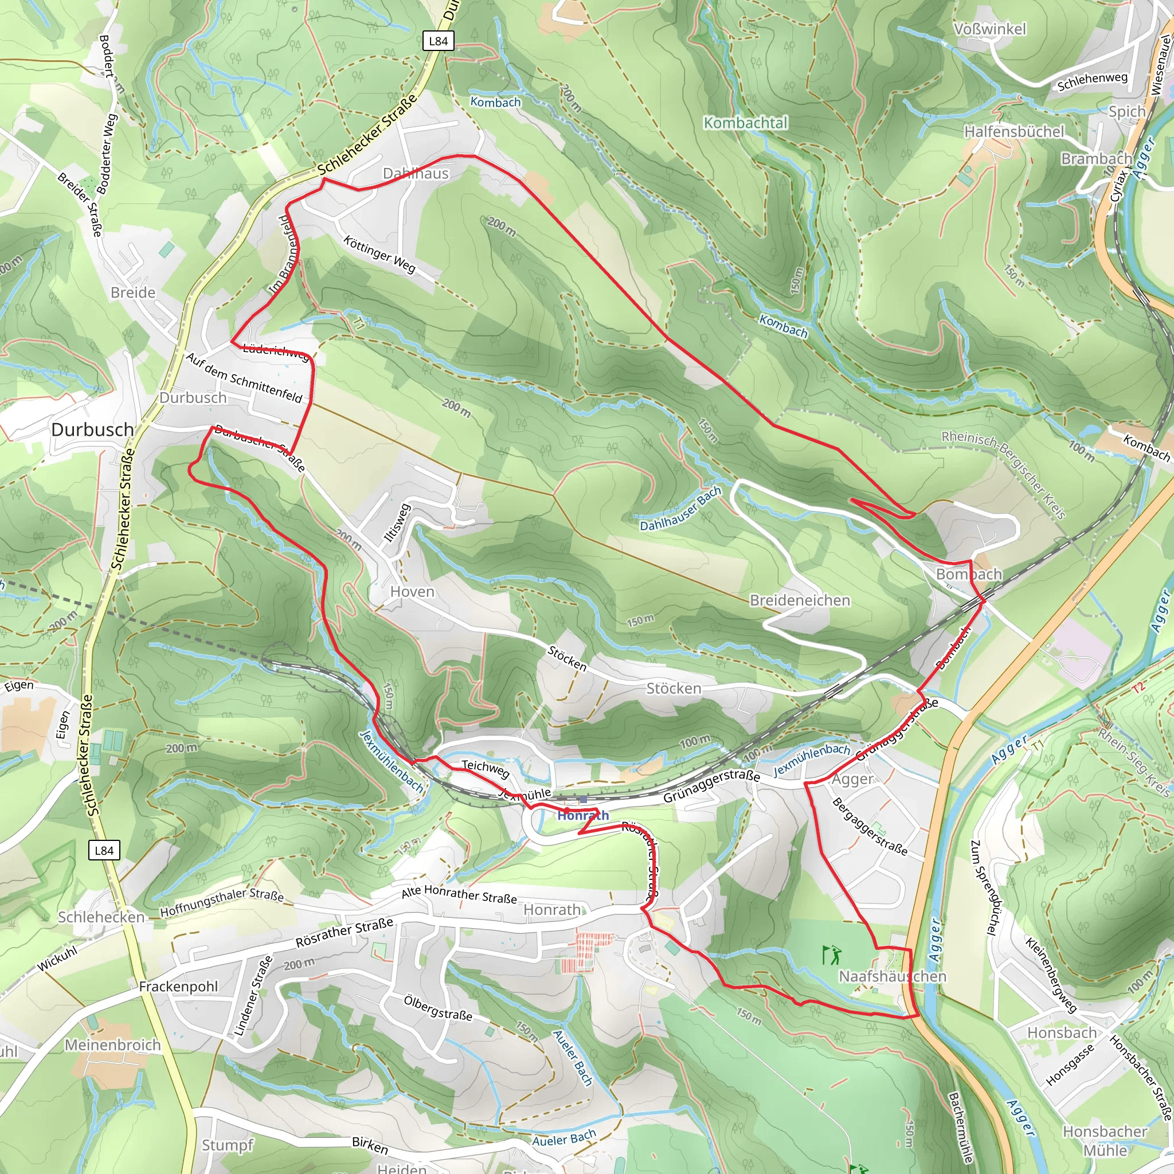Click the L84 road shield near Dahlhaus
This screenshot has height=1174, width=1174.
point(437,41)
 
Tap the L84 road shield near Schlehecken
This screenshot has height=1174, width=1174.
point(104,850)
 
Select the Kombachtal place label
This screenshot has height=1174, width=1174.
point(745,123)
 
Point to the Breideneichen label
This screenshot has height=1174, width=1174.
point(800,600)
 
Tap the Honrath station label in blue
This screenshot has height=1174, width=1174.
point(583,816)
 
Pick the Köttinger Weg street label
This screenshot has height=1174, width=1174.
point(379,254)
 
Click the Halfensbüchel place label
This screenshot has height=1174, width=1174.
point(1014,131)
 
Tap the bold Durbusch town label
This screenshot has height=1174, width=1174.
point(92,429)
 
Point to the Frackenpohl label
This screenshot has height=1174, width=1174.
point(178,986)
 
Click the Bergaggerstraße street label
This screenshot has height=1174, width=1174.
point(870,827)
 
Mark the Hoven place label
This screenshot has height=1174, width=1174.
point(412,591)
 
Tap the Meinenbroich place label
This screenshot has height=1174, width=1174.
point(112,1044)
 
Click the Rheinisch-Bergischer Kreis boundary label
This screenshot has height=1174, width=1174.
point(1003,475)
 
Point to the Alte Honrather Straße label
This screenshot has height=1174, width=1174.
point(459,894)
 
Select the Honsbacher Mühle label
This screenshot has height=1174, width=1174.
point(1104,1141)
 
